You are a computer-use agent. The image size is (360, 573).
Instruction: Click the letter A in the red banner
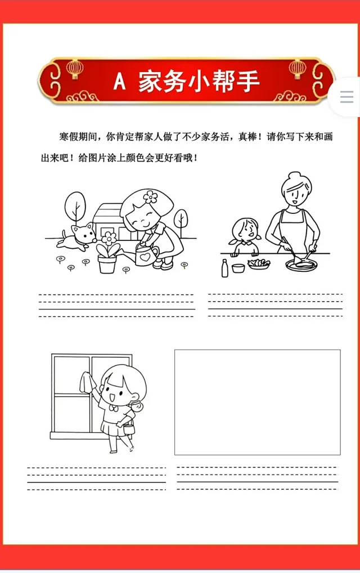[x=120, y=81]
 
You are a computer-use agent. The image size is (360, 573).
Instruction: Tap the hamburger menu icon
[x=346, y=97]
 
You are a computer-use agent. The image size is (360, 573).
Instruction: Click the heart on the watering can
[x=145, y=257]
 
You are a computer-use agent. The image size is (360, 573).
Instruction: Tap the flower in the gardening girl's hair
[x=150, y=196]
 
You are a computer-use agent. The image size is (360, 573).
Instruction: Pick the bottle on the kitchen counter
[x=225, y=268]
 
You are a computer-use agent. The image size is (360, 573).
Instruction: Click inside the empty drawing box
[x=258, y=402]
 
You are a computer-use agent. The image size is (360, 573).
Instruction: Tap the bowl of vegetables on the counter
[x=259, y=264]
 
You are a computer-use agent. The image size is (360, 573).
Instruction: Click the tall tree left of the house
[x=75, y=207]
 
